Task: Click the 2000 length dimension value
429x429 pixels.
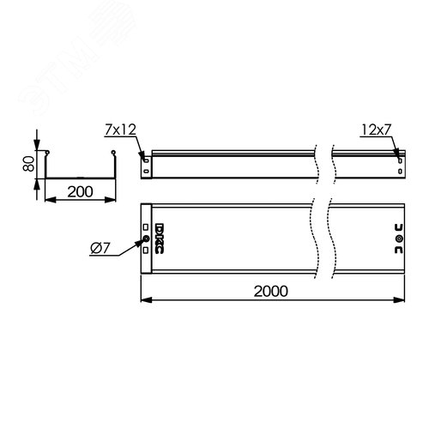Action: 272,290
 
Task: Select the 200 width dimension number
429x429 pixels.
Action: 80,192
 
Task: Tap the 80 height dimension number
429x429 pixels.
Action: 28,165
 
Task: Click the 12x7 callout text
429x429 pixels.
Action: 376,131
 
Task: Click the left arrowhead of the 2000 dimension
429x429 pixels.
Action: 143,301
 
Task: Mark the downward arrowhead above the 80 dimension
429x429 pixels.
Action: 38,147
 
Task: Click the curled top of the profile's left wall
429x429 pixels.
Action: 49,156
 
